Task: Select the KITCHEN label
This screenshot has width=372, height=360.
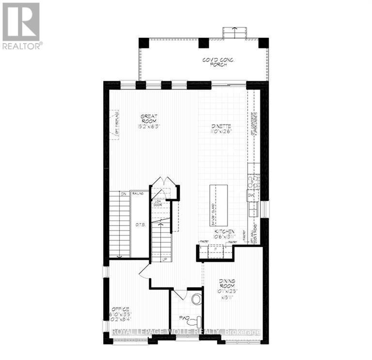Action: pos(225,232)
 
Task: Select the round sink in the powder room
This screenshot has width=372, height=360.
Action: pos(196,299)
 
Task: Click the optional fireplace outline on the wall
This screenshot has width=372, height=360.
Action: pos(114,125)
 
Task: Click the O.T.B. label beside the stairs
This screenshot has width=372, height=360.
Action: pos(140,224)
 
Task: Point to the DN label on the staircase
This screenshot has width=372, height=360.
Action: pos(123,194)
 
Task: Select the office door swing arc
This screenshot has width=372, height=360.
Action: pos(143,272)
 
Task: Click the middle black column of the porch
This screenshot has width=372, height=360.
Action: pos(203,43)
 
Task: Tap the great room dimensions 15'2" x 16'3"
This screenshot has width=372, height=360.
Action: pos(149,126)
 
